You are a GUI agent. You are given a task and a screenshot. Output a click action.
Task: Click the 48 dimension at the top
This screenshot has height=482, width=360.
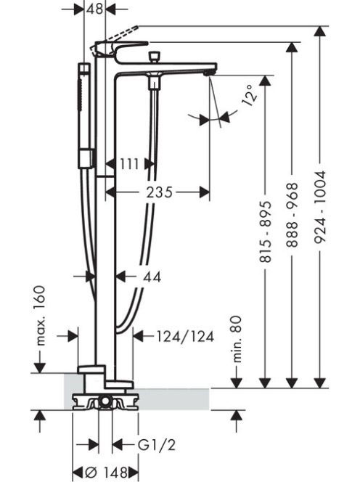pyautogui.click(x=94, y=9)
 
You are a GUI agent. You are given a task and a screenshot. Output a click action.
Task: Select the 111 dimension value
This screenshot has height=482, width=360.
pyautogui.click(x=129, y=164)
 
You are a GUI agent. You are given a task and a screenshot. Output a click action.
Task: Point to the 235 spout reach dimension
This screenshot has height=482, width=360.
pyautogui.click(x=159, y=193)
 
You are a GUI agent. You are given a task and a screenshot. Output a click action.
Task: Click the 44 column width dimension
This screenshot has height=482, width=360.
pyautogui.click(x=152, y=277)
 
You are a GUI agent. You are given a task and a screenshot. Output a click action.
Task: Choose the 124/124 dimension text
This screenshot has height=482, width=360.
pyautogui.click(x=185, y=337)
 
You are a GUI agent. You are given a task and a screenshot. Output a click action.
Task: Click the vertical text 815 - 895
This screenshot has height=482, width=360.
pyautogui.click(x=266, y=232)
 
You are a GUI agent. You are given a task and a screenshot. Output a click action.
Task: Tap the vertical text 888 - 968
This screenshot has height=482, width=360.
pyautogui.click(x=292, y=215)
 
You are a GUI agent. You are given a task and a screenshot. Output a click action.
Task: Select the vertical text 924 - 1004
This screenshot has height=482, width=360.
pyautogui.click(x=320, y=207)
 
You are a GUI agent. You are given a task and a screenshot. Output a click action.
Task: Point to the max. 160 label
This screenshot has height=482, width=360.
pyautogui.click(x=40, y=316)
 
